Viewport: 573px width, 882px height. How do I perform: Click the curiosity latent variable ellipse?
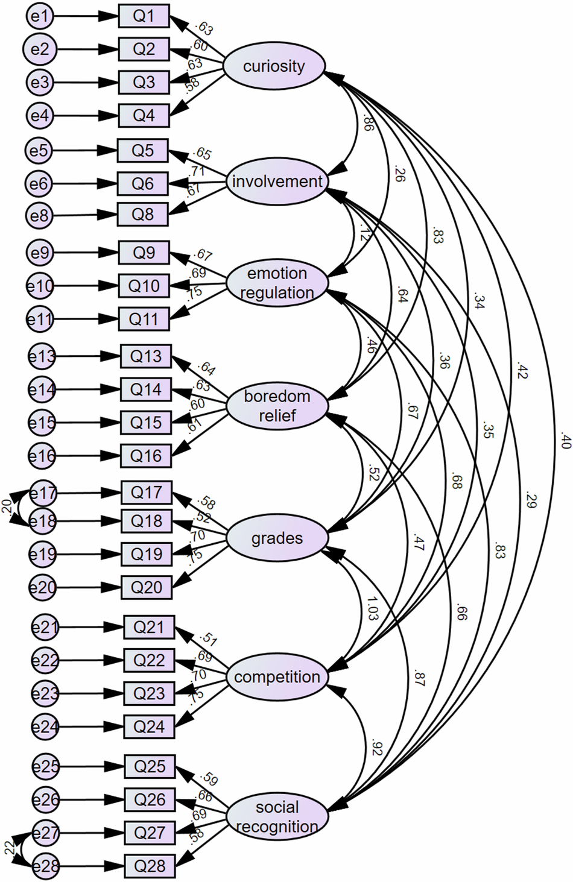[274, 66]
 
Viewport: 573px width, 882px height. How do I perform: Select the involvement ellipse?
[277, 181]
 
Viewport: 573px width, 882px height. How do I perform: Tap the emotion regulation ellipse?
[277, 283]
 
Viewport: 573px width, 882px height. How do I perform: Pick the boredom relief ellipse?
[277, 406]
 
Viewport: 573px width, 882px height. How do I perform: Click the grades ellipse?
[277, 538]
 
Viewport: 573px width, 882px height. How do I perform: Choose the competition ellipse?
[277, 677]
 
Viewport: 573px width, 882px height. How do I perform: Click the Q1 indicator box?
[144, 16]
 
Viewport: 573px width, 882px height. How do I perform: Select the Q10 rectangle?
[144, 286]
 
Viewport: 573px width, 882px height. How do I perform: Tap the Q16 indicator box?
[146, 456]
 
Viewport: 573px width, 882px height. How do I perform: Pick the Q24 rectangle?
[149, 726]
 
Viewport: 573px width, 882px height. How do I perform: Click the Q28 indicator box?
[150, 866]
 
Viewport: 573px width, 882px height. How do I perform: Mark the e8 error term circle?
[39, 215]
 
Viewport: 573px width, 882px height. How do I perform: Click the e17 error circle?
[43, 494]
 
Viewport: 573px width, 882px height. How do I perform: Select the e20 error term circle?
[43, 588]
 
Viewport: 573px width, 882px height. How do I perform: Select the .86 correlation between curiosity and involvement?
[368, 124]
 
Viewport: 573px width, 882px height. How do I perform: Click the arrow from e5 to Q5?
[84, 151]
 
